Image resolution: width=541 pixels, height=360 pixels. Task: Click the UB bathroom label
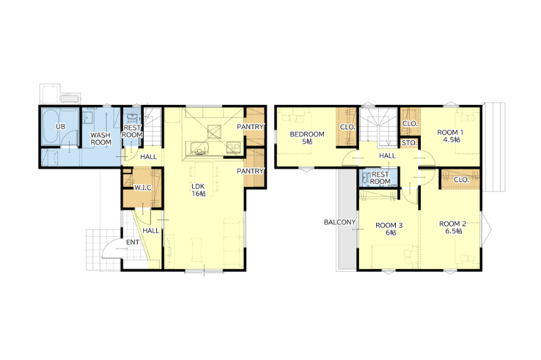(61, 127)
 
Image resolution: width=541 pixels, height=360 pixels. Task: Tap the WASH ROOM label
(101, 138)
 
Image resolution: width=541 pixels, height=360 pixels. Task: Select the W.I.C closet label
(143, 188)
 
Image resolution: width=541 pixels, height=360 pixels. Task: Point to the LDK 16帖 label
(199, 190)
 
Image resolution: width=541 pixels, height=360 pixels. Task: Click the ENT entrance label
(133, 243)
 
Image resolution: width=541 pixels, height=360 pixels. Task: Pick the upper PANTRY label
(250, 127)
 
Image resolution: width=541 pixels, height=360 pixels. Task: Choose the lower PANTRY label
(250, 171)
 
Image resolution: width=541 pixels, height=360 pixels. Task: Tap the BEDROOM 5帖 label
(307, 138)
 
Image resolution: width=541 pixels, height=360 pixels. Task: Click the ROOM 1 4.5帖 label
(450, 136)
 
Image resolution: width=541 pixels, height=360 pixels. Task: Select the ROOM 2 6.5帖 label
(453, 227)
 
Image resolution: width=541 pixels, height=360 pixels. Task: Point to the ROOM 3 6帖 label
(389, 229)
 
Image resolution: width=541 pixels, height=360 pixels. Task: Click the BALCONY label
(340, 222)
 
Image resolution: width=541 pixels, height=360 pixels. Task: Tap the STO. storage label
(409, 143)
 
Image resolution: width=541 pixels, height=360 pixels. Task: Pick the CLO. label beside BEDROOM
(348, 127)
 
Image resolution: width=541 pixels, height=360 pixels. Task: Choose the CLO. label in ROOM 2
(461, 179)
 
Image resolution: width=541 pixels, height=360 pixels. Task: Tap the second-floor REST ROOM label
(380, 178)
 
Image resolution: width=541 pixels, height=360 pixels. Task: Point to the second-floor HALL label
(387, 156)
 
